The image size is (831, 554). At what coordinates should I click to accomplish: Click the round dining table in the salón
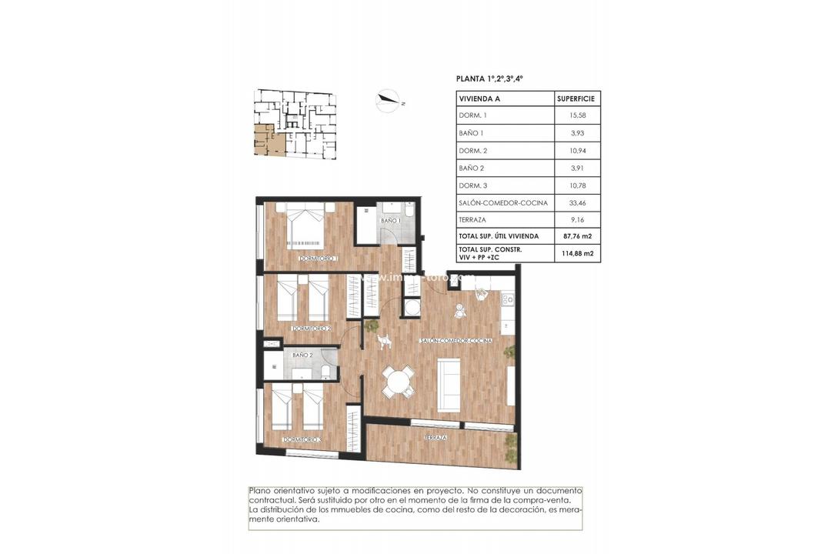[x=398, y=381]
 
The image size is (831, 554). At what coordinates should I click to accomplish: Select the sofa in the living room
[x=449, y=384]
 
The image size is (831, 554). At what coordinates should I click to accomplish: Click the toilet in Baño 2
[x=326, y=372]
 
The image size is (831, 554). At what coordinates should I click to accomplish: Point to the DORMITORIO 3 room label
[x=302, y=439]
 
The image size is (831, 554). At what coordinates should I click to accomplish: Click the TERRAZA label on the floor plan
[x=436, y=437]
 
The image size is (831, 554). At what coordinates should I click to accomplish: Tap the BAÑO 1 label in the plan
[x=391, y=221]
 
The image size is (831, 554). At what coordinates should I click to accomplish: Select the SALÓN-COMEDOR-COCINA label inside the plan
[x=456, y=340]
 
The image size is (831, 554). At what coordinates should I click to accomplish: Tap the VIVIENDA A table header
[x=479, y=98]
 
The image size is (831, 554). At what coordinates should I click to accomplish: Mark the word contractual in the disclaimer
[x=271, y=500]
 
